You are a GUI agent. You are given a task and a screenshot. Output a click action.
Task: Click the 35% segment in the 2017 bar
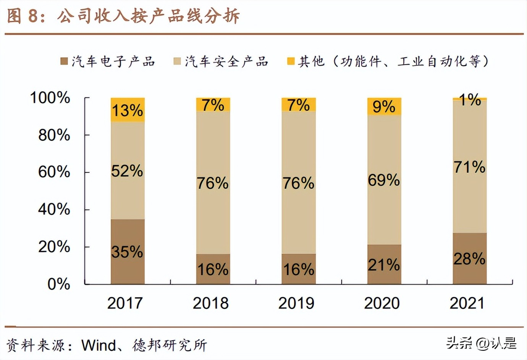128,251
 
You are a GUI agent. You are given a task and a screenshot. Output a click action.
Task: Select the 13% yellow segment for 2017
128,110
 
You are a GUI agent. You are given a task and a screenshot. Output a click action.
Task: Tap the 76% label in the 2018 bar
213,183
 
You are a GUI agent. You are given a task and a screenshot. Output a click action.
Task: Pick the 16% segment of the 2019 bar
299,269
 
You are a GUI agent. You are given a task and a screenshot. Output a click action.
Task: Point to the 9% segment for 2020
384,106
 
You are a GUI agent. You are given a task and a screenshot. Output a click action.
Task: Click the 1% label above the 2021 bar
470,100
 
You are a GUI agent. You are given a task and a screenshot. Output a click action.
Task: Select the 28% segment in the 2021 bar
470,259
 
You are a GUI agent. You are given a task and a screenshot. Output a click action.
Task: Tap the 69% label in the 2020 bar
384,180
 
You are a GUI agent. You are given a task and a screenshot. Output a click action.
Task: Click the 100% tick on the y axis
50,97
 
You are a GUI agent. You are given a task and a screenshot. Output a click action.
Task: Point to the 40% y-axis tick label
54,209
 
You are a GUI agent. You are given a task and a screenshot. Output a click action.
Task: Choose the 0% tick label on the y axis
58,284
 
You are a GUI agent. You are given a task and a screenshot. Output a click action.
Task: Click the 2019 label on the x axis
296,303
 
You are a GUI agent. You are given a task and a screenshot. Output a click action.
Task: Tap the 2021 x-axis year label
467,303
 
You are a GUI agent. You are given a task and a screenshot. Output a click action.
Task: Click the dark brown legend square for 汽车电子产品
64,61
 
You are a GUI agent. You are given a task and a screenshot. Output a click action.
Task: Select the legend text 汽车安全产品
227,61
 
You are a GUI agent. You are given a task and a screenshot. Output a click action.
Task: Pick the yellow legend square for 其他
291,61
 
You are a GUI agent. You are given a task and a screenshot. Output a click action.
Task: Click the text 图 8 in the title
23,16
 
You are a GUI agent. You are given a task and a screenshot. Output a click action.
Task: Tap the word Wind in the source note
99,345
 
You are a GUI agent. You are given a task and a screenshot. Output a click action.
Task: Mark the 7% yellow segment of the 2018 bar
213,104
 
